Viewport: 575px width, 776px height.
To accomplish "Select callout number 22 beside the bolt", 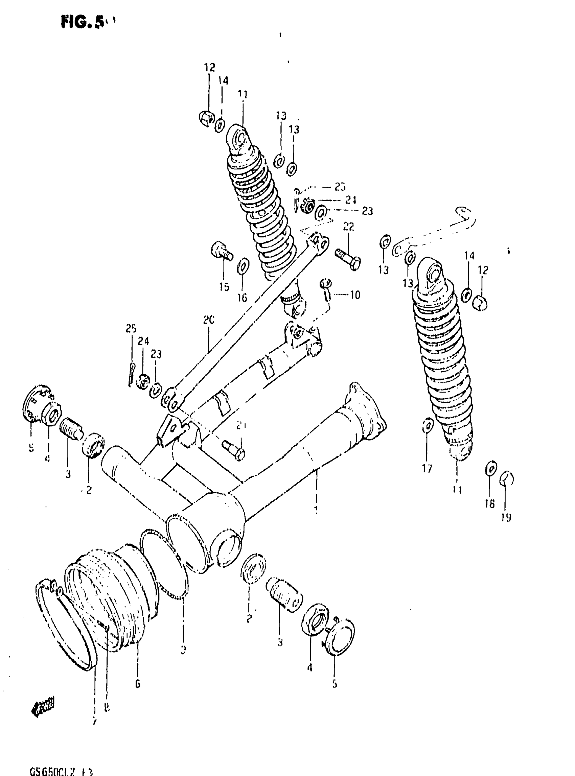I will [348, 227].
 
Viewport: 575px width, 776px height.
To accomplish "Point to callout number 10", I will [355, 295].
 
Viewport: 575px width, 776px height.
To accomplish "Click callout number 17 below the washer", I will [427, 468].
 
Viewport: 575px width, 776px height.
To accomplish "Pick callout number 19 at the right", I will [506, 518].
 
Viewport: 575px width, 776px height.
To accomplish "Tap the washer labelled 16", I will [243, 266].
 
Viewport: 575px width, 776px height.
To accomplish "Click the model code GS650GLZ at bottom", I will [61, 771].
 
